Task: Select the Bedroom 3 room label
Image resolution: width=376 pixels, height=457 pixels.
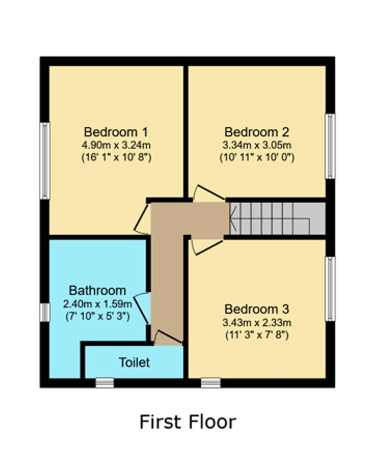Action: coord(257,309)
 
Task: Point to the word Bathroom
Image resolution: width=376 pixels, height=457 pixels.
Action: coord(98,290)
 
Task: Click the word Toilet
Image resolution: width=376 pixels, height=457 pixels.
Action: coord(134,362)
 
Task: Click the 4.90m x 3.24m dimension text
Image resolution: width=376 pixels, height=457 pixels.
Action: coord(116,145)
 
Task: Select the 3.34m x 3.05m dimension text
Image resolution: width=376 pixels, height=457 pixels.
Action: coord(257,145)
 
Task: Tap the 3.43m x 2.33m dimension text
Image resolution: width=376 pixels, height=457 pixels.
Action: coord(257,323)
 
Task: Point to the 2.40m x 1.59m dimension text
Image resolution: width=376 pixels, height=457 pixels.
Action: coord(98,304)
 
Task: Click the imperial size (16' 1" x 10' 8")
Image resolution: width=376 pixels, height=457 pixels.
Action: coord(116,158)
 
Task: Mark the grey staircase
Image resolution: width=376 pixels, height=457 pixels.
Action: coord(277,219)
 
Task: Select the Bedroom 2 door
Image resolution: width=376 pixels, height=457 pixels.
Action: coord(208,193)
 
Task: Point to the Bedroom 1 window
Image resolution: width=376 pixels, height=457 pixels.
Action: coord(45,161)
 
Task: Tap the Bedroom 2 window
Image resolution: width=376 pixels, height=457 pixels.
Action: coord(330,146)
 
